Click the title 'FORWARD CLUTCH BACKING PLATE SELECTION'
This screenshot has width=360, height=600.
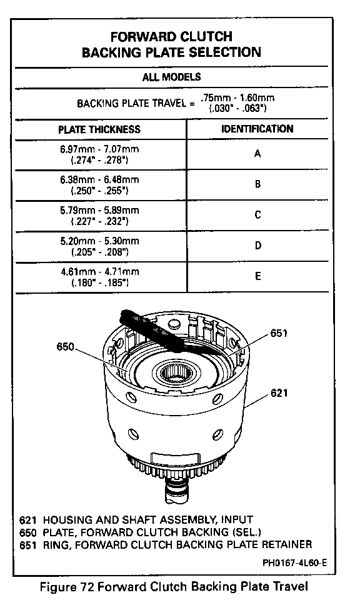(171, 44)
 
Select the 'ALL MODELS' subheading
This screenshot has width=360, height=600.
(171, 77)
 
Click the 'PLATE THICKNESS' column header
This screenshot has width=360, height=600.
(99, 129)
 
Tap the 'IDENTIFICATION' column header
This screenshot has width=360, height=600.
(257, 129)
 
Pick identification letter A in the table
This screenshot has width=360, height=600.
(257, 154)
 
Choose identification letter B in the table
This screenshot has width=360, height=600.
(258, 184)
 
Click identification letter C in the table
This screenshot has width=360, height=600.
(258, 214)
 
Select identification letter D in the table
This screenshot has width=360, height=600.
(258, 245)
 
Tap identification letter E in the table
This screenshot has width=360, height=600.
(258, 276)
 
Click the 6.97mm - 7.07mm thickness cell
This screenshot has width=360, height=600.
(99, 154)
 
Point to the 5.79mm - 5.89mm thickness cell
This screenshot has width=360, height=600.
(99, 216)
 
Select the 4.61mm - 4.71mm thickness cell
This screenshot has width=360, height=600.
(99, 277)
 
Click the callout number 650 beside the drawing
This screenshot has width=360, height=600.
(65, 347)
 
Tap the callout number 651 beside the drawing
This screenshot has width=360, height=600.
(279, 333)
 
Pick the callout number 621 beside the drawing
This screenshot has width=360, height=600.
(279, 393)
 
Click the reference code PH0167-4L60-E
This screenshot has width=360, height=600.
(294, 563)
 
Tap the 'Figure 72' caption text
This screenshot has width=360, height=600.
(67, 587)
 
